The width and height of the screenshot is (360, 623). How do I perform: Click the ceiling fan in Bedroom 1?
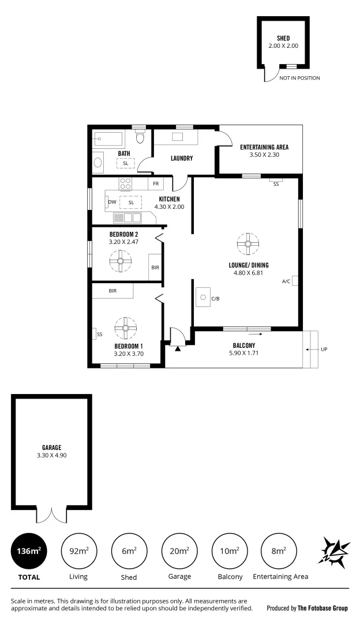click(124, 328)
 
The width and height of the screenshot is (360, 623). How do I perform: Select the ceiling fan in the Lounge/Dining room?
click(247, 243)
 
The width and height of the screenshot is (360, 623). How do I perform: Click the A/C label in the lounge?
click(286, 282)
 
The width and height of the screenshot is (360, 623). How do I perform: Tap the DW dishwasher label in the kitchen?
click(112, 202)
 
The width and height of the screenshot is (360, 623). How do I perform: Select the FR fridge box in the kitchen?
click(156, 183)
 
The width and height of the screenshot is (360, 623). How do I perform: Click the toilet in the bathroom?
click(140, 138)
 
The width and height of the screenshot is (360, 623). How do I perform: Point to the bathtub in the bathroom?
click(108, 139)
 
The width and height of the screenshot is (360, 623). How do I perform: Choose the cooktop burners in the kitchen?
click(126, 183)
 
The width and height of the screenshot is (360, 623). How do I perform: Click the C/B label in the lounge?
click(216, 299)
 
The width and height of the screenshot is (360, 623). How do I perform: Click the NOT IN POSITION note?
click(299, 78)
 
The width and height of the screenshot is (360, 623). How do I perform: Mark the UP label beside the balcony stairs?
click(324, 350)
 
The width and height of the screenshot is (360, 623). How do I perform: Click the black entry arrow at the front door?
click(178, 347)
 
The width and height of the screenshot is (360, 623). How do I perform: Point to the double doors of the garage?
click(52, 515)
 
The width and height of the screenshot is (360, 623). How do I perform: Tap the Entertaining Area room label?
click(264, 147)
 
